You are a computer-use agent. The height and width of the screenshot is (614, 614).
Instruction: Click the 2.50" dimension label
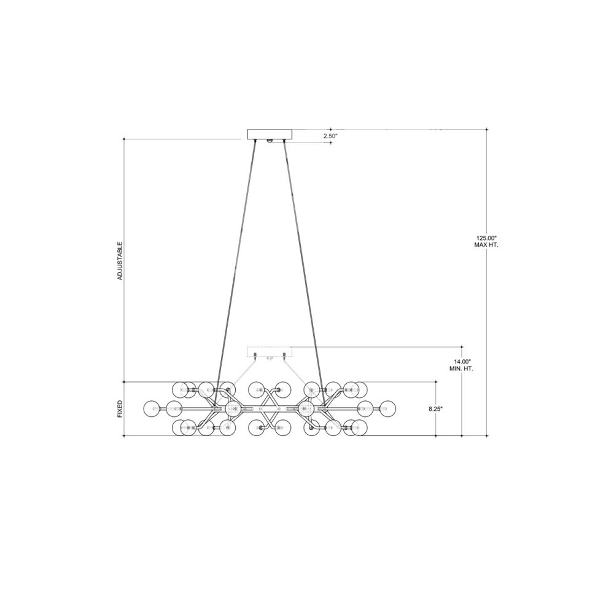tap(330, 136)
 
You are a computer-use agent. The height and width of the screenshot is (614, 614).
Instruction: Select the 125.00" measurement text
tap(486, 238)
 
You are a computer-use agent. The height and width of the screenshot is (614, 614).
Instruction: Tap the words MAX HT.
tap(486, 245)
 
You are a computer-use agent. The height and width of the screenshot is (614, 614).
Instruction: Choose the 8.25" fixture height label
tap(435, 409)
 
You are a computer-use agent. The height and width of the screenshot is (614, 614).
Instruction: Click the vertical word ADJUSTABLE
tap(120, 260)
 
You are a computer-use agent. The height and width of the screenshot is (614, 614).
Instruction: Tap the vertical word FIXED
tap(120, 408)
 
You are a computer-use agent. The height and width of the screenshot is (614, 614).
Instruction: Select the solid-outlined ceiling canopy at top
tap(270, 134)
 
